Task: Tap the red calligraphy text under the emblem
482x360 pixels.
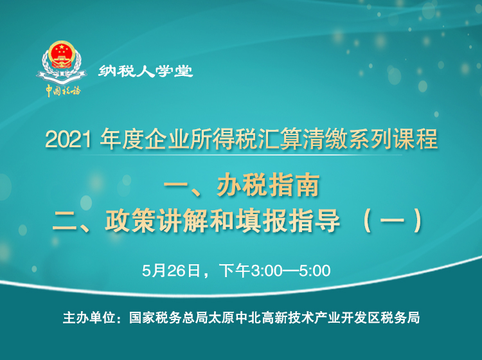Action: pyautogui.click(x=62, y=90)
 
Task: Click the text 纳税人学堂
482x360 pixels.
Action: pyautogui.click(x=145, y=71)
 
